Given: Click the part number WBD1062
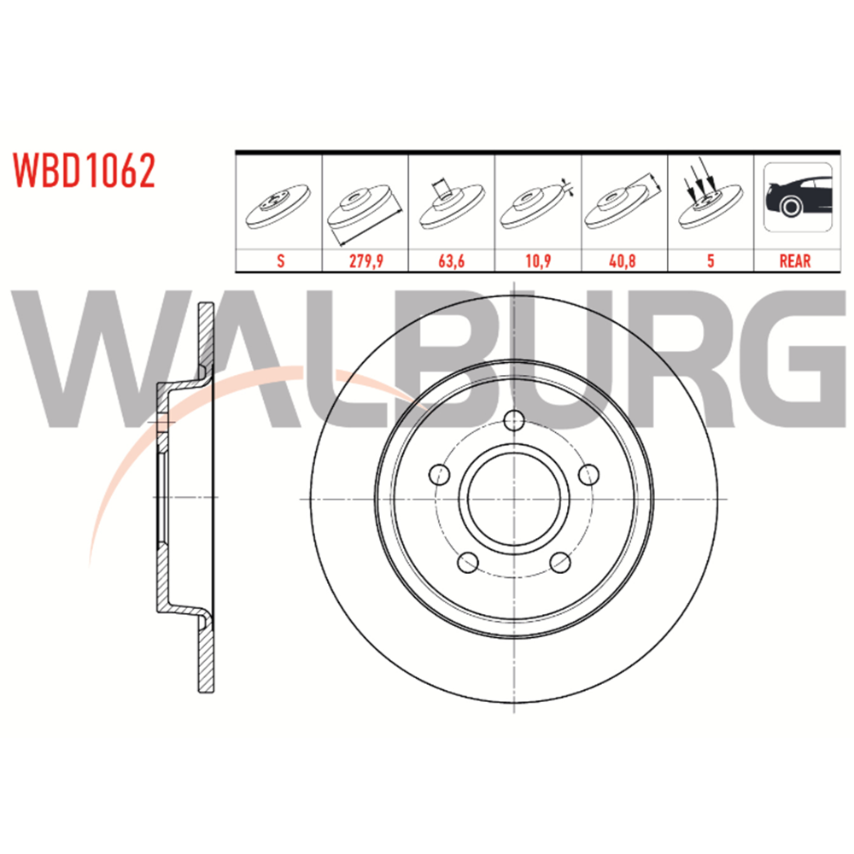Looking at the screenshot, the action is pos(85,171).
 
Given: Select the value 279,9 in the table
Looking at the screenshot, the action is pos(366,260).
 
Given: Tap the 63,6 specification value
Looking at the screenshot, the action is pos(452,260).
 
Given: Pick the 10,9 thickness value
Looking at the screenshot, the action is pos(538,260).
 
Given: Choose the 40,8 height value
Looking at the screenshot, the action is pos(623,260).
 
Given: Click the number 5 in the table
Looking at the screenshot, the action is pos(711,260).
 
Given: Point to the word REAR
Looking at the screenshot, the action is pos(795,260).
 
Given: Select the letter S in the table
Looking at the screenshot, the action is pos(280,260).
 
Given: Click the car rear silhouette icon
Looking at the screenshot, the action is pos(798,197).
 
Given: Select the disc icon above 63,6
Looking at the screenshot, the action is pos(452,204).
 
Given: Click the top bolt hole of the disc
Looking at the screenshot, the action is pos(514,420).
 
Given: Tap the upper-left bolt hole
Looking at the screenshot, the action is pos(440,474).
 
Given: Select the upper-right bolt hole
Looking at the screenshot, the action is pos(588,474).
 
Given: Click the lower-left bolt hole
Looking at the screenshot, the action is pos(468,563).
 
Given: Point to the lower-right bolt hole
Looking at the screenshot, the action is pos(560,563).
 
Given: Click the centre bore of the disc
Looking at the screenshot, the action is pos(514,499).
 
